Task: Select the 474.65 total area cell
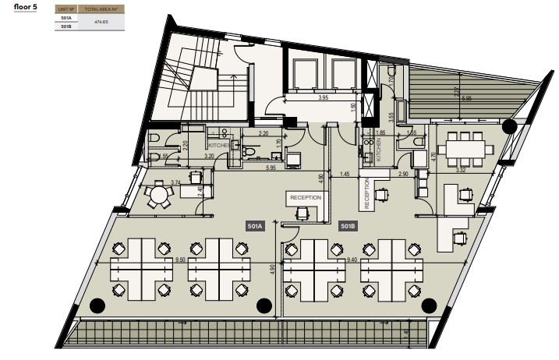[x=100, y=22]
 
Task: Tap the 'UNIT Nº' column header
[x=65, y=12]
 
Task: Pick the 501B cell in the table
[x=65, y=26]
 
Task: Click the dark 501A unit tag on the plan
[x=255, y=226]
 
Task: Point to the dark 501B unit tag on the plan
[x=348, y=226]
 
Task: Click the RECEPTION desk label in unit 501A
[x=306, y=198]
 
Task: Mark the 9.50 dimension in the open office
[x=180, y=260]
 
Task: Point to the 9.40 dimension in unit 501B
[x=352, y=260]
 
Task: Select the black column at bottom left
[x=97, y=305]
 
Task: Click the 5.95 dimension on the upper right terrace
[x=466, y=99]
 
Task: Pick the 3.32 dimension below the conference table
[x=461, y=170]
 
